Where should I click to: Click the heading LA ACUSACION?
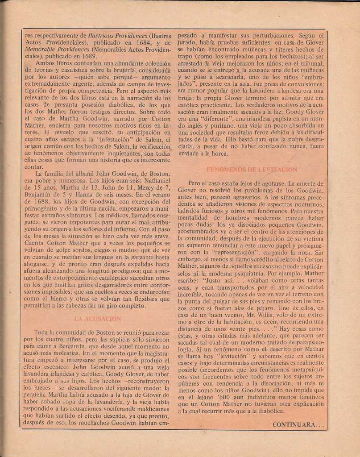97,319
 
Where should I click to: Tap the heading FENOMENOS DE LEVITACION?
252,170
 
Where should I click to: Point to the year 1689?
88,56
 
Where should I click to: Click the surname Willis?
259,315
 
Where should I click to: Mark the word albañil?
76,174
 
